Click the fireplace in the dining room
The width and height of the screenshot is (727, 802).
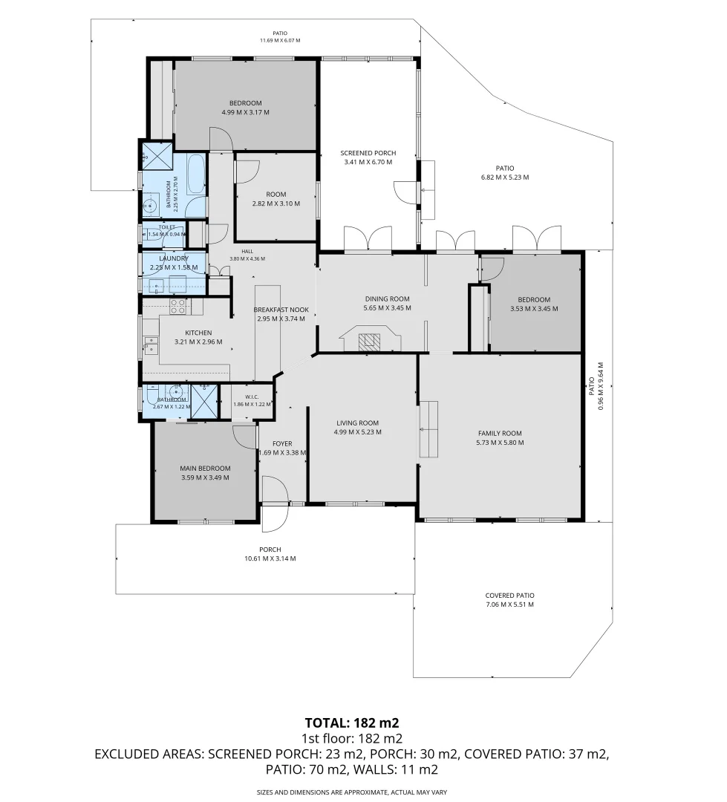(x=370, y=340)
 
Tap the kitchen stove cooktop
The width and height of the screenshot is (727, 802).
(x=177, y=307)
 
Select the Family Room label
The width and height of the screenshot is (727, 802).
(x=500, y=433)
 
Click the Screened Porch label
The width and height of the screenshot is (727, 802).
(x=368, y=153)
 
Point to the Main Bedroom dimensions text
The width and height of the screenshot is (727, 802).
(x=205, y=477)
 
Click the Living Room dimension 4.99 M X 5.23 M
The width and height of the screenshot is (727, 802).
(x=358, y=432)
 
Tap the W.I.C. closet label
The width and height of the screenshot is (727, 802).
(x=252, y=397)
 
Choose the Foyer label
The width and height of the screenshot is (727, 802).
(x=282, y=444)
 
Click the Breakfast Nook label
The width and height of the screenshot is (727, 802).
(x=281, y=310)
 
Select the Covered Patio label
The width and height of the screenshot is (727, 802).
(x=509, y=596)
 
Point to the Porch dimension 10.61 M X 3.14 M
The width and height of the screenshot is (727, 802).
(x=270, y=558)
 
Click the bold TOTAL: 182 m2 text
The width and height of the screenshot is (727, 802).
(x=352, y=723)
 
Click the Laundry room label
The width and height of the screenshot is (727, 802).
(x=174, y=258)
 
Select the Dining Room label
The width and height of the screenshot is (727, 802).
(x=388, y=299)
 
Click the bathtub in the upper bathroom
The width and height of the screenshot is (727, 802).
(x=197, y=175)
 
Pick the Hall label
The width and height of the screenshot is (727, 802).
(x=247, y=251)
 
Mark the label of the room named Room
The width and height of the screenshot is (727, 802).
(x=276, y=195)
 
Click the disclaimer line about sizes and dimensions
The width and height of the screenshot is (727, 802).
(x=352, y=792)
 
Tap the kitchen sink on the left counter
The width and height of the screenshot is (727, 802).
(x=151, y=345)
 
